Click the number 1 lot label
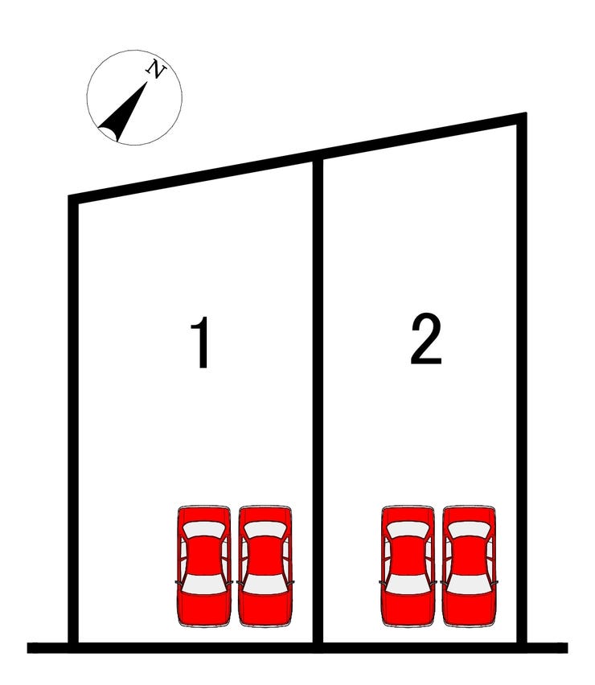201,342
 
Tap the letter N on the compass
157,69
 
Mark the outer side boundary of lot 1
73,421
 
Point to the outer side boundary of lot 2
522,380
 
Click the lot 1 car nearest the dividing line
265,566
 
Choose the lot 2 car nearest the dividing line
408,566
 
